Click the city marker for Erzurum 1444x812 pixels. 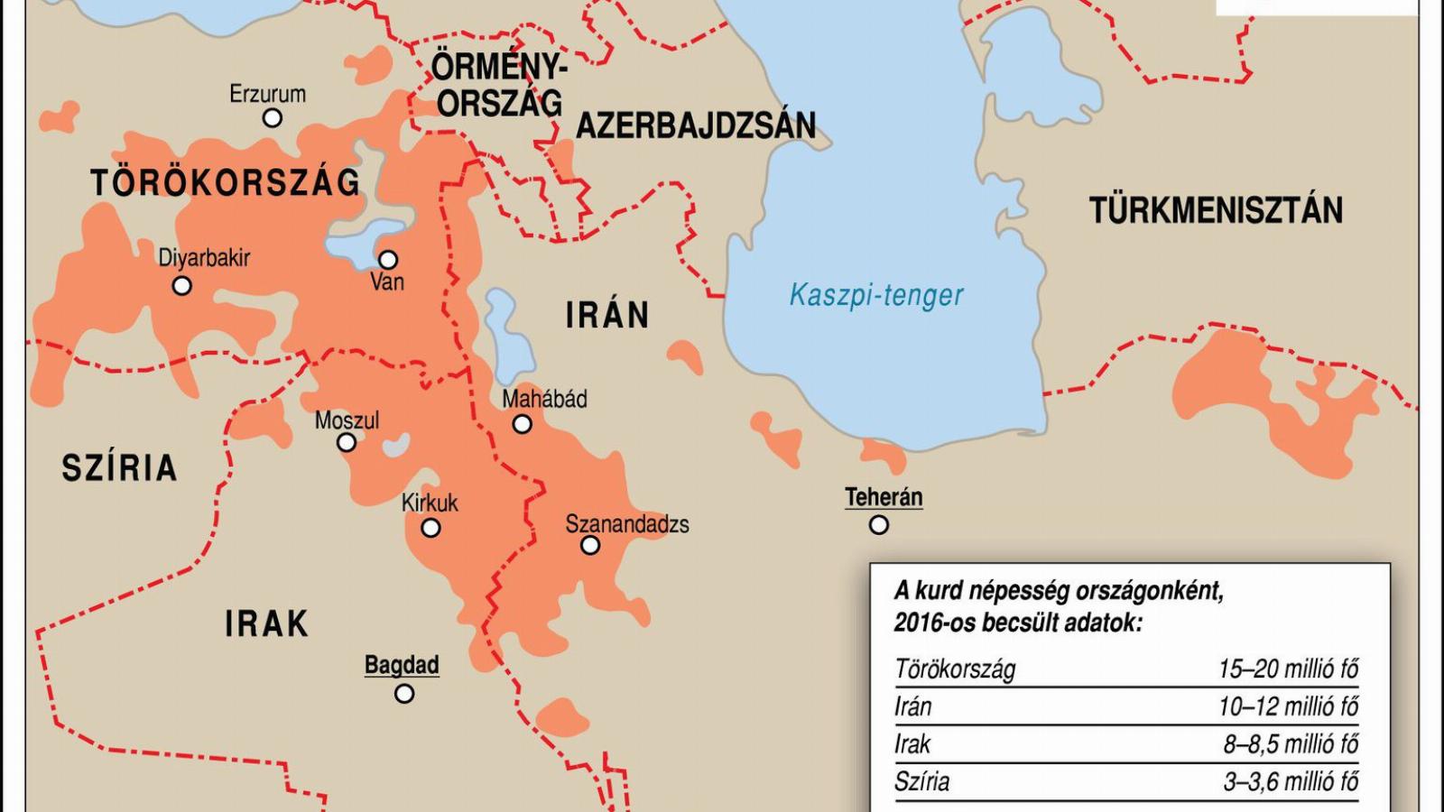tap(272, 117)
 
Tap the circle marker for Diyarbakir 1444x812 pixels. tap(182, 286)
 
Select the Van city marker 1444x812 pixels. tap(388, 260)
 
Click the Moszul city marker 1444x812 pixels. tap(347, 442)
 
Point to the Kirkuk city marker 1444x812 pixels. tap(431, 528)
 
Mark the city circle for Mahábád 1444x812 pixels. tap(522, 424)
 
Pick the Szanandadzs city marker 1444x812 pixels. tap(590, 545)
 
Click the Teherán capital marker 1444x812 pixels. tap(879, 524)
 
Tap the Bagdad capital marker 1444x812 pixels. tap(404, 693)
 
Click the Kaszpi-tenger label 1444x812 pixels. tap(876, 295)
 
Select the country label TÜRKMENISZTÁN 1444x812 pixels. tap(1216, 210)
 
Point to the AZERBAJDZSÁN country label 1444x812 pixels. tap(696, 125)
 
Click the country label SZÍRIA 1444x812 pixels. tap(119, 468)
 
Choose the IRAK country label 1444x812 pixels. tap(266, 623)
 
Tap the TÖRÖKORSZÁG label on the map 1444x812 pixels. tap(225, 183)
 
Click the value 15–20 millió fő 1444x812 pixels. tap(1288, 669)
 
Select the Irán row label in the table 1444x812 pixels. tap(912, 706)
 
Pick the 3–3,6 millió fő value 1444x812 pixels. tap(1291, 781)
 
